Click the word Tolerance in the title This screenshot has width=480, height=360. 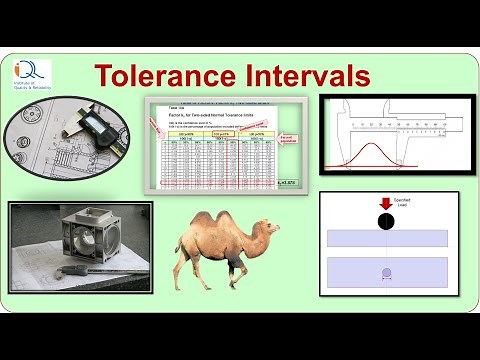point(163,75)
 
